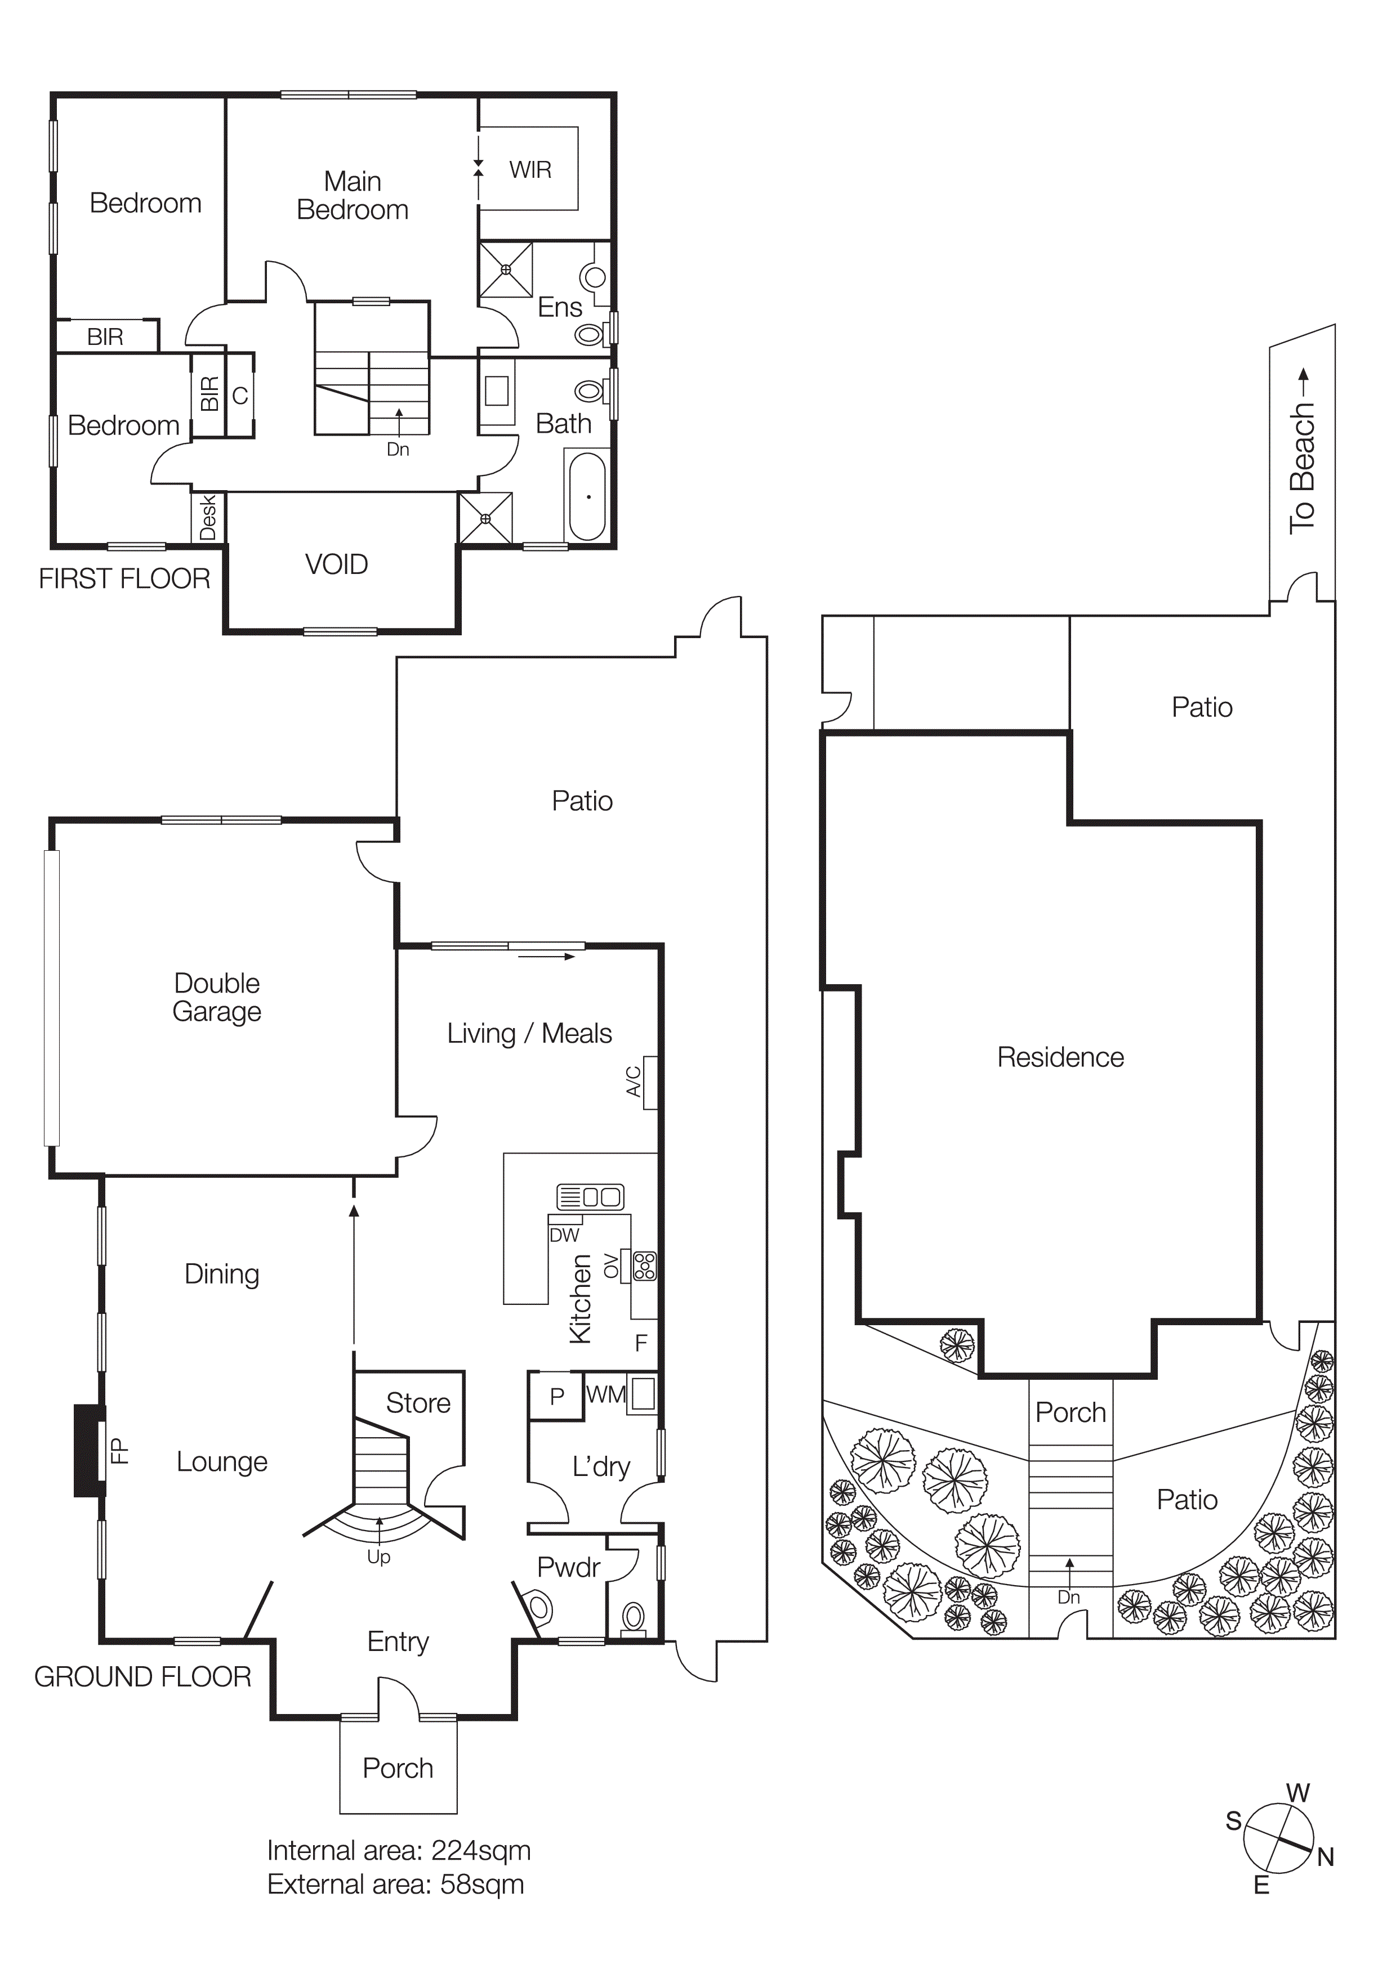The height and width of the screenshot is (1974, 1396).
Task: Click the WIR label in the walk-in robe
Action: [530, 171]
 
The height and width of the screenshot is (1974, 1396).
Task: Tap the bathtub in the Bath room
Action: [587, 497]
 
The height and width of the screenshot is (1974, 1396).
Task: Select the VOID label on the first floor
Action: [336, 565]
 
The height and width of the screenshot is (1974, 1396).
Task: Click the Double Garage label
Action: [217, 997]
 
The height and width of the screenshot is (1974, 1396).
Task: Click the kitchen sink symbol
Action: [590, 1197]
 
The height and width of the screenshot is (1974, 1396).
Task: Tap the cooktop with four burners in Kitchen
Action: [644, 1267]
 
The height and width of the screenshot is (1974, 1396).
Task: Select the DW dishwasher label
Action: [564, 1236]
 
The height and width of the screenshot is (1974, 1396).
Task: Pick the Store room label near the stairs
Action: [418, 1403]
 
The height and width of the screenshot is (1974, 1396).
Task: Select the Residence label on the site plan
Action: [1060, 1057]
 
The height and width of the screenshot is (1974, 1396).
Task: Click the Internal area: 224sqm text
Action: [398, 1850]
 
